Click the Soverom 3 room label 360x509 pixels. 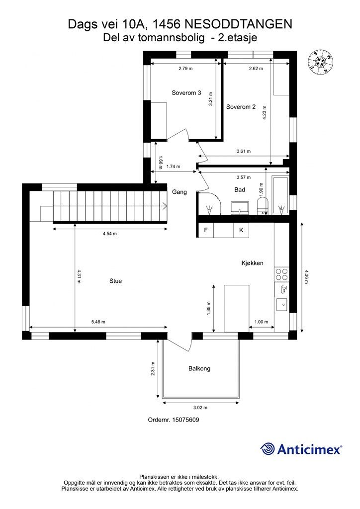pos(186,93)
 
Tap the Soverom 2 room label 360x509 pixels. pos(241,107)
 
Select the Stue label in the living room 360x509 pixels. pos(115,281)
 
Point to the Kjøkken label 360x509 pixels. pos(252,263)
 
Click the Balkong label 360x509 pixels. pos(199,368)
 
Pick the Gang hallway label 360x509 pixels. pos(180,192)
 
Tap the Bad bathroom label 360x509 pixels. pos(240,189)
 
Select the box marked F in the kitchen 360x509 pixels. pos(206,230)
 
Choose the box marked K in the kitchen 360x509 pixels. pos(241,230)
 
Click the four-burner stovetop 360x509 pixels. pos(281,274)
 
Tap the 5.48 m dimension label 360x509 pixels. pos(98,322)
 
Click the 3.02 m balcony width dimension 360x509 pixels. pos(200,408)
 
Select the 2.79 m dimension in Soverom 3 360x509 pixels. pos(185,69)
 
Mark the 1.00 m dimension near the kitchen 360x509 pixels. pos(262,322)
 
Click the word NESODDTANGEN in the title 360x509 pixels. pos(239,24)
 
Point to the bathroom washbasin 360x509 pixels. pos(240,208)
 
